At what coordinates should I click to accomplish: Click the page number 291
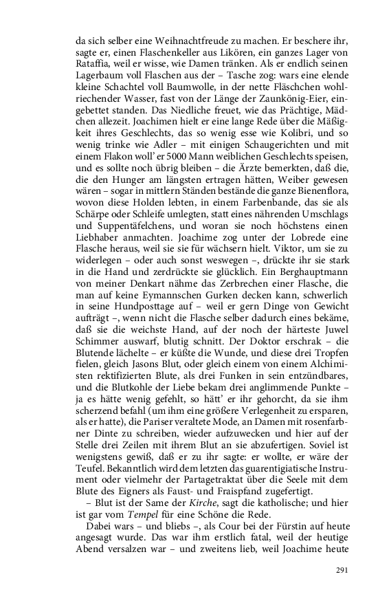343,570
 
